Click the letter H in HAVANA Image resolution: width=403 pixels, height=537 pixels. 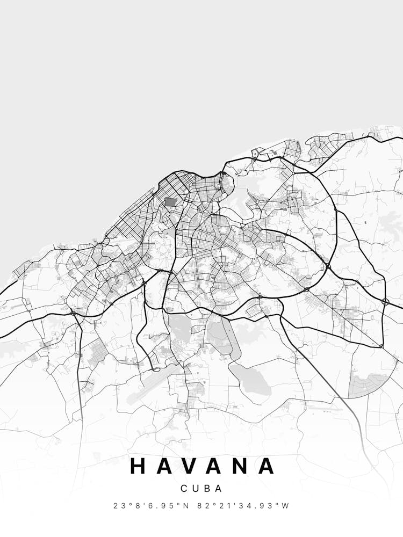pyautogui.click(x=138, y=466)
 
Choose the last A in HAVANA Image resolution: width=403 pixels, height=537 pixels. pyautogui.click(x=266, y=466)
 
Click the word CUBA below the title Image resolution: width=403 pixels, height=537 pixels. pyautogui.click(x=201, y=489)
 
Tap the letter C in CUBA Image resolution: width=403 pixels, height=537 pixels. pyautogui.click(x=184, y=489)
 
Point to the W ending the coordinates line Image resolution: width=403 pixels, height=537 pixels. pyautogui.click(x=286, y=506)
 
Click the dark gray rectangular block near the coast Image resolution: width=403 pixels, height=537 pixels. pyautogui.click(x=170, y=202)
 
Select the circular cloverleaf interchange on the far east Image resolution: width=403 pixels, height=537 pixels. pyautogui.click(x=385, y=302)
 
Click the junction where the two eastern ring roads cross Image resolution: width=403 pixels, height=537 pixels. pyautogui.click(x=328, y=266)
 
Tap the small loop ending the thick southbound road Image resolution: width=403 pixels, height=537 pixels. pyautogui.click(x=155, y=369)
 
